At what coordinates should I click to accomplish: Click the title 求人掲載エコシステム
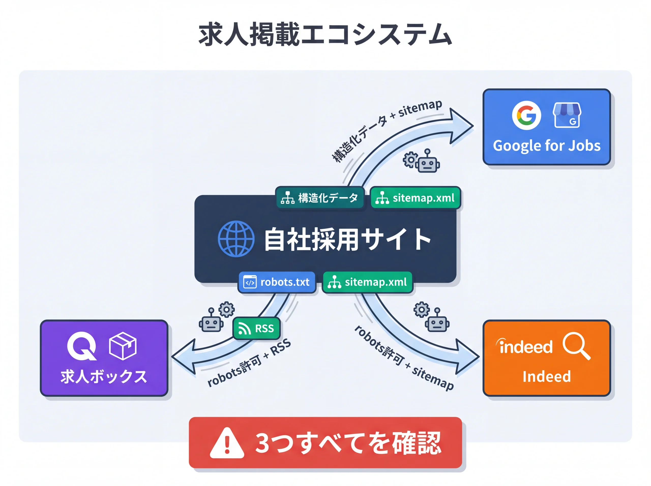(x=325, y=35)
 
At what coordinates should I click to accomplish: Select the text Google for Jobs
(x=546, y=146)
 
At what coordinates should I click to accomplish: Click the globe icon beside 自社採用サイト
(x=236, y=239)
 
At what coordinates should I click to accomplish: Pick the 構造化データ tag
(x=320, y=198)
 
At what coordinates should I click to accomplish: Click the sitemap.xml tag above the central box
(x=415, y=198)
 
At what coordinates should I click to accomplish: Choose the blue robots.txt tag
(x=276, y=282)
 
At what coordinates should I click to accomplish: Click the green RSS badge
(x=256, y=328)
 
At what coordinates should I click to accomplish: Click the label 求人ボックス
(x=103, y=377)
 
